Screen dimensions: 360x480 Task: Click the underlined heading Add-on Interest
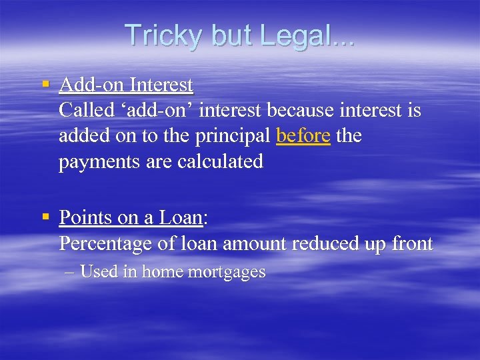(x=126, y=85)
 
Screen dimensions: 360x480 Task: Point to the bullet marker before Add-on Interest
(x=45, y=85)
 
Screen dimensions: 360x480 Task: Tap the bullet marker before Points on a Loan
(x=45, y=217)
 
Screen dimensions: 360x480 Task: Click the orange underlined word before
(x=303, y=136)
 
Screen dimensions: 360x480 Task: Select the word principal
(x=233, y=137)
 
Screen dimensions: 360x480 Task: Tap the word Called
(x=84, y=110)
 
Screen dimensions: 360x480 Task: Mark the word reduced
(x=323, y=244)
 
